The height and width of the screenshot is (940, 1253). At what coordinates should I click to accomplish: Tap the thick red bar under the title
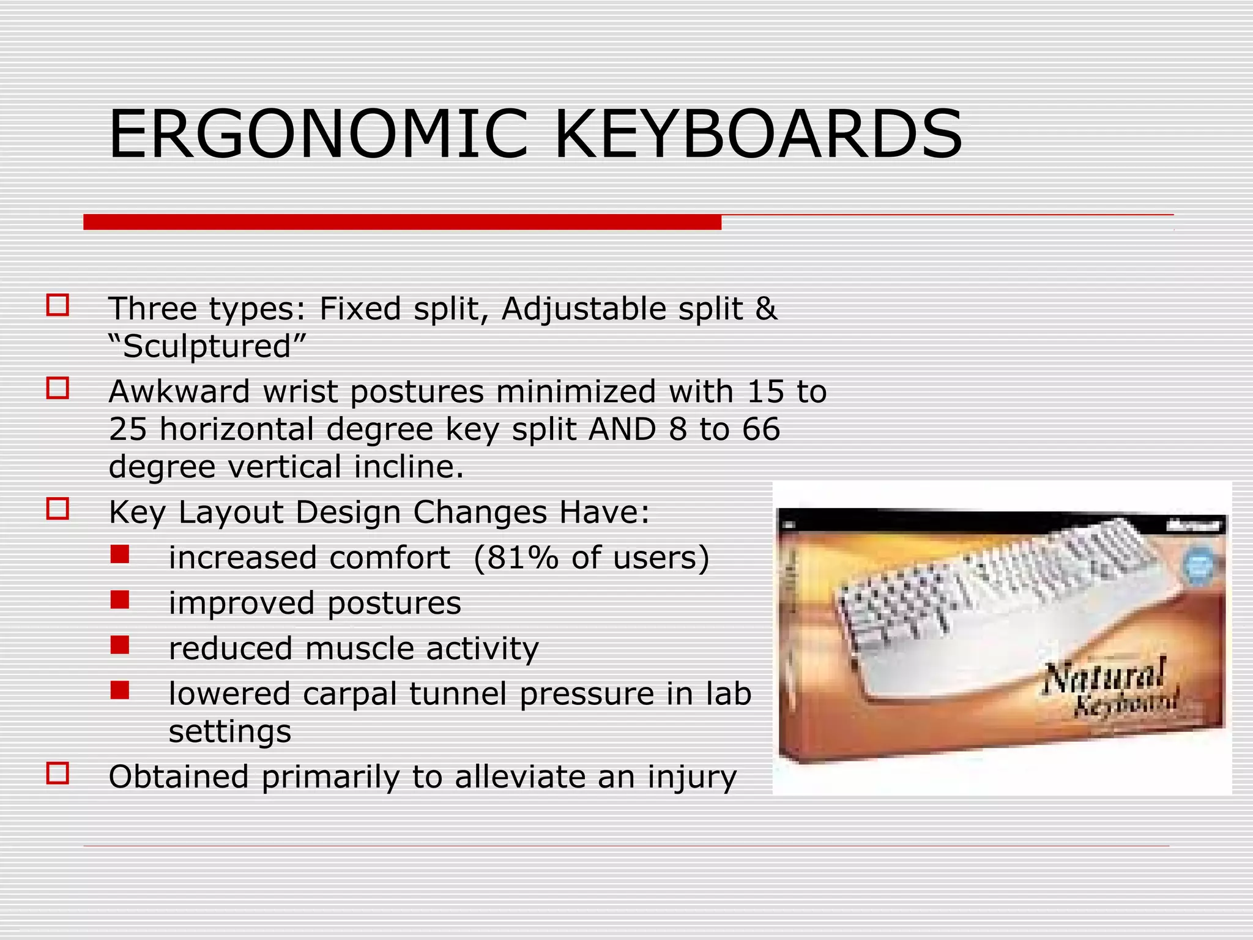pos(402,222)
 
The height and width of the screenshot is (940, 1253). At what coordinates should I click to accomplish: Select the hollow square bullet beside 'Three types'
pos(58,305)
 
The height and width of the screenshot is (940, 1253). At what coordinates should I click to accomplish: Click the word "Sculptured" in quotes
pos(207,346)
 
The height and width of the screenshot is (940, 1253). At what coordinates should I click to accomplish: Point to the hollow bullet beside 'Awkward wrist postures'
pos(58,388)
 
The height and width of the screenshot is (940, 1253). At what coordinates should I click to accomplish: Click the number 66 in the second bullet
pos(761,429)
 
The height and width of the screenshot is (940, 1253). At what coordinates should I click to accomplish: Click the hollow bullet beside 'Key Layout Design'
pos(58,509)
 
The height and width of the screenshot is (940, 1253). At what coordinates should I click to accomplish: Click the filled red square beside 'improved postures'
pos(120,600)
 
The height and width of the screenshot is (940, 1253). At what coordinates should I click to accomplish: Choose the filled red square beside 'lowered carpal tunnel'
pos(120,690)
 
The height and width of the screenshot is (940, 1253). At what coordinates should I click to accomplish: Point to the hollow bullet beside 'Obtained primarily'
pos(58,774)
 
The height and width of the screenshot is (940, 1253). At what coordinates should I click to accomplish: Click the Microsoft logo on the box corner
pos(1193,525)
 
